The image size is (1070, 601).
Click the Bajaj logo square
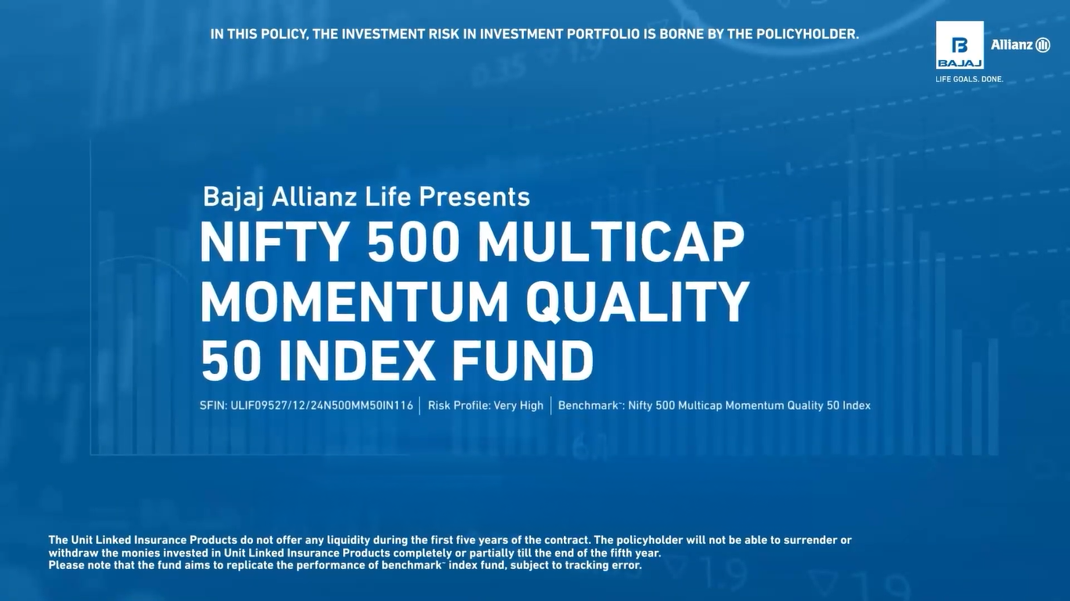pyautogui.click(x=960, y=45)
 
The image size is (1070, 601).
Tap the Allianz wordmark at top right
pyautogui.click(x=1021, y=45)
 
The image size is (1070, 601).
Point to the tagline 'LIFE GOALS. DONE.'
pyautogui.click(x=969, y=79)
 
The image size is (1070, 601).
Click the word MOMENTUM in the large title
pyautogui.click(x=354, y=301)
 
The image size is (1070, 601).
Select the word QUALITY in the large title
pyautogui.click(x=638, y=302)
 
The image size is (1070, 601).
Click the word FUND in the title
pyautogui.click(x=523, y=361)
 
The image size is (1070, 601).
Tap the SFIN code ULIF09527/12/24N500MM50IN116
pyautogui.click(x=322, y=406)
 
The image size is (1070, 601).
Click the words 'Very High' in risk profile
pyautogui.click(x=519, y=406)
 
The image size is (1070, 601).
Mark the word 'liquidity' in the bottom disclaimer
pyautogui.click(x=349, y=541)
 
